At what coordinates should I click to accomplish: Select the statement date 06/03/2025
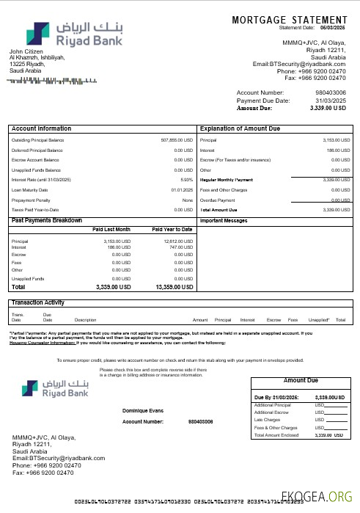pyautogui.click(x=331, y=27)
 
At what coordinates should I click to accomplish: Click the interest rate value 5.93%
pyautogui.click(x=186, y=179)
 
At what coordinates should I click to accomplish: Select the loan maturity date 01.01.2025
pyautogui.click(x=182, y=189)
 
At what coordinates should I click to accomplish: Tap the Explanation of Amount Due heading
pyautogui.click(x=240, y=128)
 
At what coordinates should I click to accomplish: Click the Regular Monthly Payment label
pyautogui.click(x=227, y=179)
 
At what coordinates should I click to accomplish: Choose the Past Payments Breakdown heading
pyautogui.click(x=47, y=220)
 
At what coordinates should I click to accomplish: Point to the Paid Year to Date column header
pyautogui.click(x=172, y=230)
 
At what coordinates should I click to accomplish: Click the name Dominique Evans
pyautogui.click(x=143, y=411)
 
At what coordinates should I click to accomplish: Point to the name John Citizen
pyautogui.click(x=25, y=51)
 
